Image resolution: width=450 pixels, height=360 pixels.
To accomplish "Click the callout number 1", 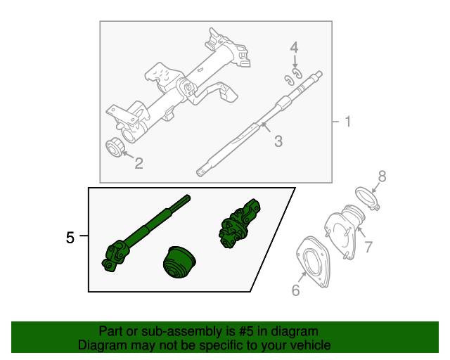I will point(347,122).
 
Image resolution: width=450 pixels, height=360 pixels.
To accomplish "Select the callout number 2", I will point(139,164).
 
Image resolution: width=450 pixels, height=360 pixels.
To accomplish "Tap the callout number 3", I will point(278,142).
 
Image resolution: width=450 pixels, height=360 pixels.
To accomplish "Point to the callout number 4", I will point(295,48).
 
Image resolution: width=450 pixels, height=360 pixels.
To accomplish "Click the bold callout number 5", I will point(70,238).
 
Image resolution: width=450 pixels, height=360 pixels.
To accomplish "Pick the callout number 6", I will point(295,290).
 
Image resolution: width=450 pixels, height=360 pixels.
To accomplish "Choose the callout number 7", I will point(368,247).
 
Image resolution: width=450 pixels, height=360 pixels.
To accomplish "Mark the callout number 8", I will point(382,176).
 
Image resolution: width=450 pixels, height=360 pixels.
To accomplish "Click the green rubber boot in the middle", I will point(178,264).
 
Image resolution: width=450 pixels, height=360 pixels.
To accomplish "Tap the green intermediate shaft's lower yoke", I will point(115,254).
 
